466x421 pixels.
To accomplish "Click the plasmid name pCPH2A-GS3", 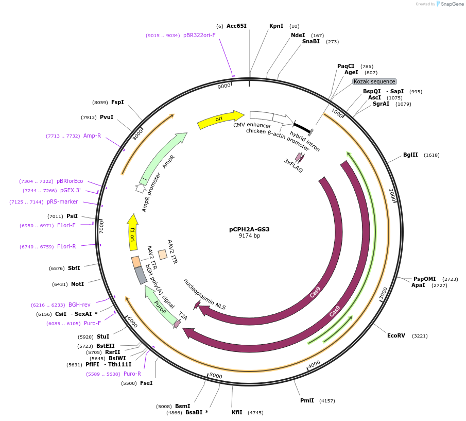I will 249,229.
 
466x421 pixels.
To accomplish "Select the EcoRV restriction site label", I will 396,335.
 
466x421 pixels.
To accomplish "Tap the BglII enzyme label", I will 410,155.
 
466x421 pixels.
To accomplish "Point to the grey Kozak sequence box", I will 374,81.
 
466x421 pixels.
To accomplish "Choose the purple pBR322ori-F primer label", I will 199,36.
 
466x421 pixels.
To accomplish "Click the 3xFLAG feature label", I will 294,165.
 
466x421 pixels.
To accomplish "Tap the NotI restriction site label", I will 77,284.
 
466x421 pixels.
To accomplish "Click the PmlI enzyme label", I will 307,400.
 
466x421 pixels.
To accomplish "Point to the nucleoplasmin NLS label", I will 205,294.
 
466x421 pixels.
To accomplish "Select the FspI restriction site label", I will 117,102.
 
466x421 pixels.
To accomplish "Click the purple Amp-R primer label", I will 92,136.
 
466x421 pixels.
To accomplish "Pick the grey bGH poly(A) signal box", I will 141,275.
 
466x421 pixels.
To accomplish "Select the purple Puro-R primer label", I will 132,374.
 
